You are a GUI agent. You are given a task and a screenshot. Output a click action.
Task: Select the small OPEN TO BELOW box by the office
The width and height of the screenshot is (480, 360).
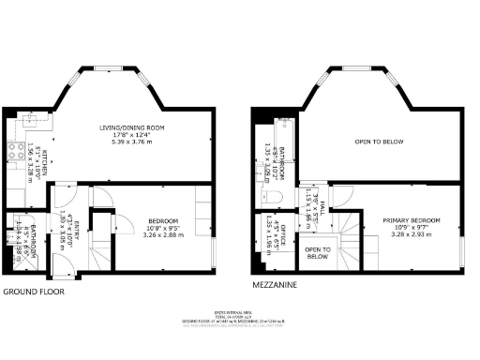[x=317, y=253]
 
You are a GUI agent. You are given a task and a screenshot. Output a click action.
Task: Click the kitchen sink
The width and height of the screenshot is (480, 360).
[x=31, y=119]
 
